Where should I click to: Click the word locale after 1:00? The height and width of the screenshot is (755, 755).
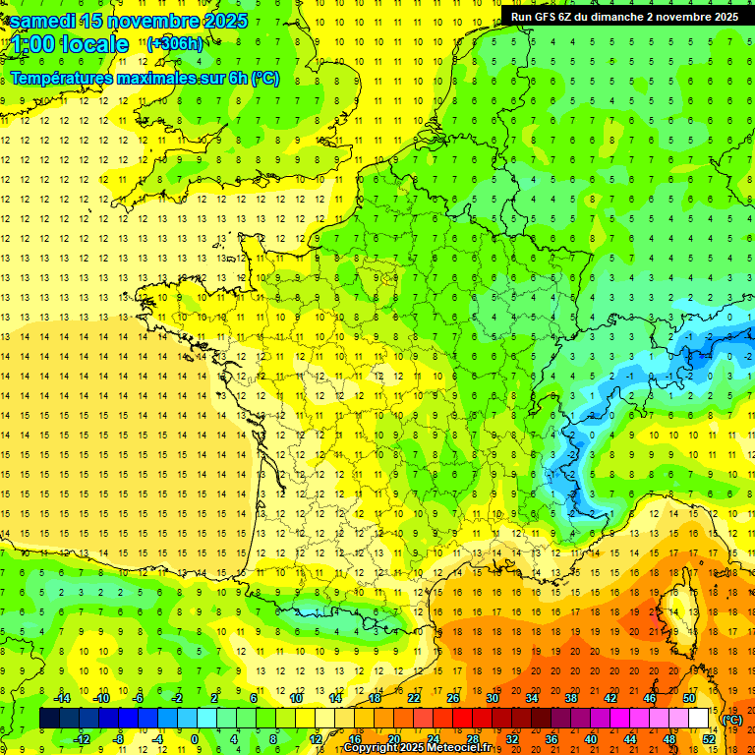click(94, 44)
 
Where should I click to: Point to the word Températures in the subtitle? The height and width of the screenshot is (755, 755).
click(60, 78)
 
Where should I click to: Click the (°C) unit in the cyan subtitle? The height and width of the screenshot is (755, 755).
click(264, 78)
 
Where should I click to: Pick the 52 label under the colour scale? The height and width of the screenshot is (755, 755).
click(709, 739)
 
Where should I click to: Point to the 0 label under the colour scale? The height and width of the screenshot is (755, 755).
click(195, 739)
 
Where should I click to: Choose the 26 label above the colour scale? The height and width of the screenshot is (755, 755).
click(454, 698)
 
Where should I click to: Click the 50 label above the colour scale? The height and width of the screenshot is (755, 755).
click(690, 698)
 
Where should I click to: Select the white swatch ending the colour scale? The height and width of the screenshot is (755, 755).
click(699, 719)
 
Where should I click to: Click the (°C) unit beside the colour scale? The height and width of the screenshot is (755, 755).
click(732, 719)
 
